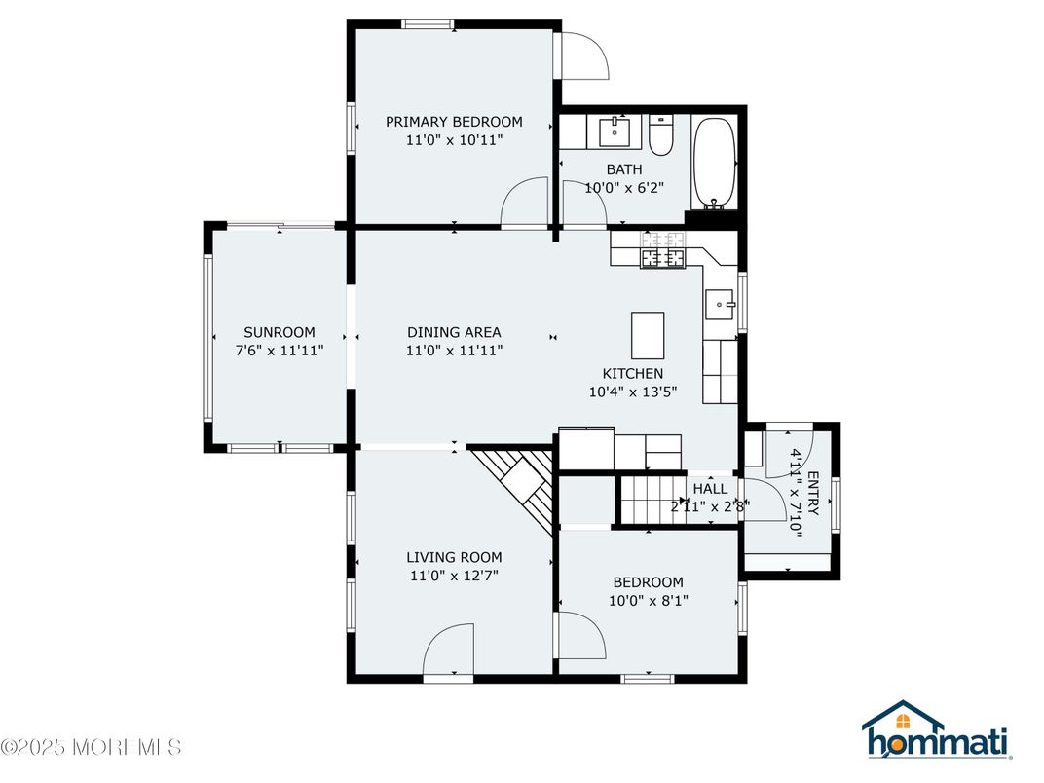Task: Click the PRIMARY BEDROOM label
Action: pyautogui.click(x=454, y=122)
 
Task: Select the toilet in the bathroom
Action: pyautogui.click(x=661, y=137)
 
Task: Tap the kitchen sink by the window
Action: pyautogui.click(x=721, y=305)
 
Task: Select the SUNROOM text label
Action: pyautogui.click(x=280, y=332)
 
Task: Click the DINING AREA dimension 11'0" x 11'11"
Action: pyautogui.click(x=455, y=351)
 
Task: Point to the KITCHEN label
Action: pyautogui.click(x=633, y=373)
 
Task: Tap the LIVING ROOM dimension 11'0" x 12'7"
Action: pyautogui.click(x=454, y=576)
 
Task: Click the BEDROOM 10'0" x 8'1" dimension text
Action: pyautogui.click(x=648, y=601)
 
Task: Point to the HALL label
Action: pyautogui.click(x=710, y=489)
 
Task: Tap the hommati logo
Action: pyautogui.click(x=936, y=730)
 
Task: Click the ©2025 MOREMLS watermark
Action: pyautogui.click(x=92, y=748)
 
